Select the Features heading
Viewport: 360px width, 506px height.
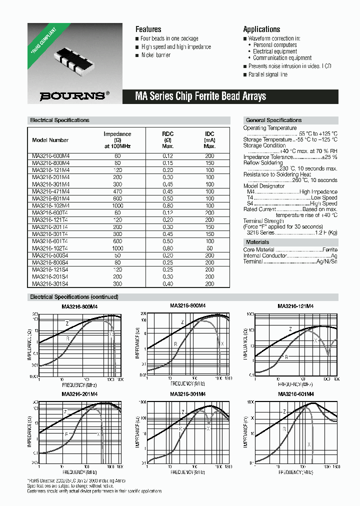pos(148,29)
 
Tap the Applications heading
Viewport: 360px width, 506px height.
pos(261,29)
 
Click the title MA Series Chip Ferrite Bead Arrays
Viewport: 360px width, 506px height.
pos(200,96)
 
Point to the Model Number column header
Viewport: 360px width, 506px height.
pos(50,140)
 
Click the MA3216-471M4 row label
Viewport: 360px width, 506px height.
pos(51,191)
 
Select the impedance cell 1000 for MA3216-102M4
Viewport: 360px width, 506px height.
pos(117,205)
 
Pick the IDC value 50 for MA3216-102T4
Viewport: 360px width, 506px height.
pos(209,248)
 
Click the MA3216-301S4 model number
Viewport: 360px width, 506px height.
pos(51,283)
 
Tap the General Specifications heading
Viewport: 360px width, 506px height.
pos(273,120)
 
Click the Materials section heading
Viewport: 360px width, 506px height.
pos(257,242)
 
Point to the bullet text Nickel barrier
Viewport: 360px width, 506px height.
pos(155,55)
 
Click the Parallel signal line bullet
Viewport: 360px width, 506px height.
pos(268,74)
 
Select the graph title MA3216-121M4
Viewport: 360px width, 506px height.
pos(296,306)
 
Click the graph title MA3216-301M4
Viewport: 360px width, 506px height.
pos(188,394)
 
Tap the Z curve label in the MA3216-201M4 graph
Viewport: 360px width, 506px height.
pos(65,411)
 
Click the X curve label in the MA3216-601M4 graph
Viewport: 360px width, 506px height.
pos(309,444)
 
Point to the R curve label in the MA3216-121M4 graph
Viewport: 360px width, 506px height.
pos(286,357)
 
